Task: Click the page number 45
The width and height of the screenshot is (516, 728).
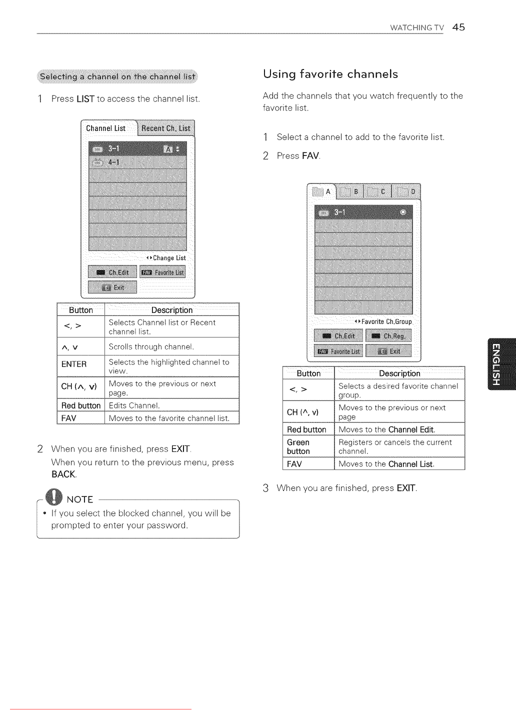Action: (x=458, y=27)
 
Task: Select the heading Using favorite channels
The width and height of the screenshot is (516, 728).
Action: (x=330, y=74)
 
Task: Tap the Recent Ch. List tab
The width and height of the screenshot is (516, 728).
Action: (x=165, y=128)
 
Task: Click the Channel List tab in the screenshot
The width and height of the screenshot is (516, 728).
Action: (x=106, y=128)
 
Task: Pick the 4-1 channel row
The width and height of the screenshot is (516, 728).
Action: (x=137, y=162)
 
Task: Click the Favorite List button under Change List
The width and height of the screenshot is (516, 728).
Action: (x=162, y=272)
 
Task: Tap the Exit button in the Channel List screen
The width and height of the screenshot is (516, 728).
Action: (x=112, y=287)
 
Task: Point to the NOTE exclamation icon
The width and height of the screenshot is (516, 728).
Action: (x=53, y=497)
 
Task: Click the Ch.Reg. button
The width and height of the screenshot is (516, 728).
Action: (x=388, y=336)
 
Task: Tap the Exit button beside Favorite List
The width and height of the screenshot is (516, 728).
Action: (x=388, y=351)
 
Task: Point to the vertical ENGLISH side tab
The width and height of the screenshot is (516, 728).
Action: (x=501, y=364)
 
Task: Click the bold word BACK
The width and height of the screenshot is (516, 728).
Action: (x=63, y=474)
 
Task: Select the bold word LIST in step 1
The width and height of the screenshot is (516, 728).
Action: (x=85, y=99)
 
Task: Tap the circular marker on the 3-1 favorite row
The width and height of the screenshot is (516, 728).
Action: (x=403, y=212)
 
